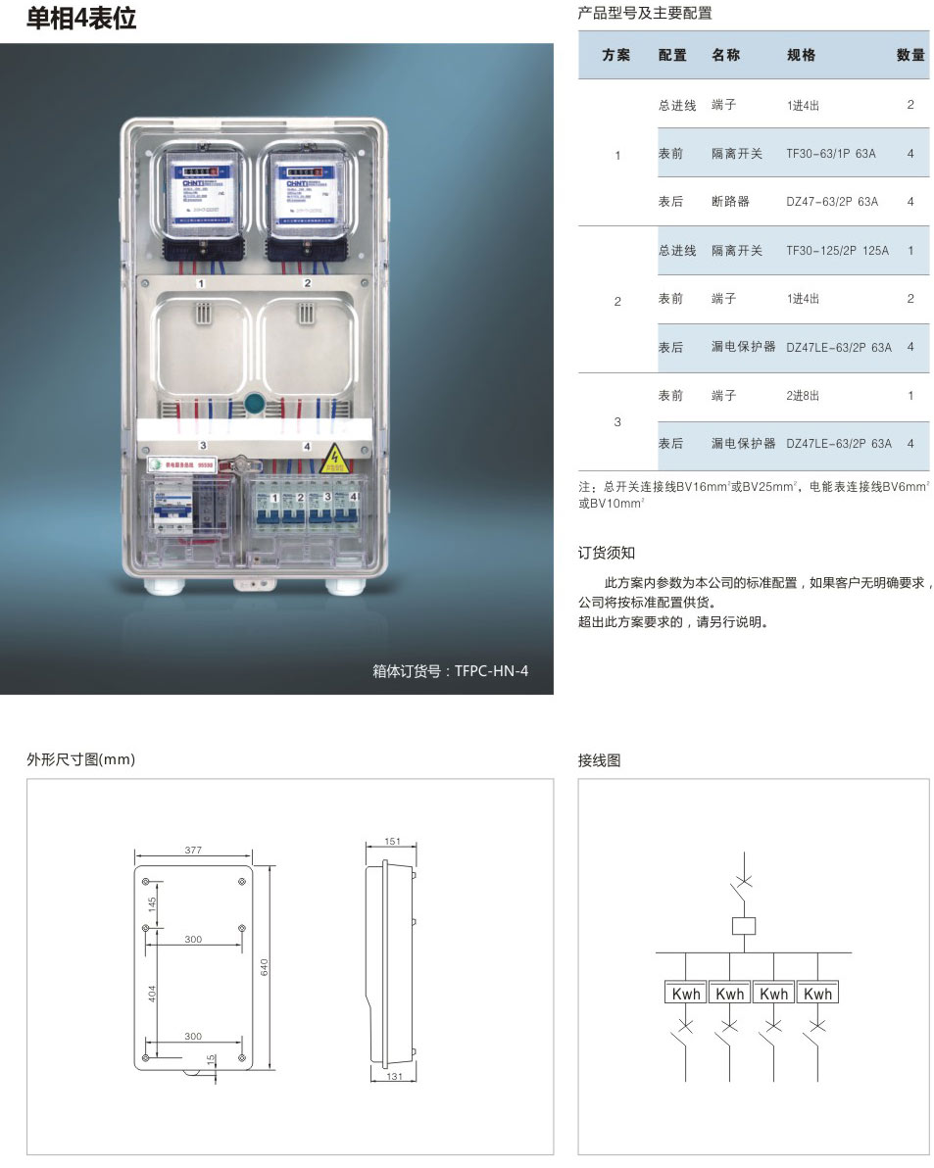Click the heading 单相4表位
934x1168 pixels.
pos(81,19)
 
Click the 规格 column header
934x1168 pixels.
pos(801,56)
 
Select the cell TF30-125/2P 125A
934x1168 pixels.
pos(837,251)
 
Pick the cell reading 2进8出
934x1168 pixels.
pos(803,396)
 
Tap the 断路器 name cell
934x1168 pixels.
pos(730,202)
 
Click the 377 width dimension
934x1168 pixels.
pos(193,851)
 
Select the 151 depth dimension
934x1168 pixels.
pos(391,842)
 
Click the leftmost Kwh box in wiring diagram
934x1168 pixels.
pos(686,994)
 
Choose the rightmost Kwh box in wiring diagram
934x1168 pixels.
pos(817,994)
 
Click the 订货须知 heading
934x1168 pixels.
pos(607,554)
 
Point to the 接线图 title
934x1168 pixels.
pos(599,760)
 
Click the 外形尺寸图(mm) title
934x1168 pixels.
pos(80,759)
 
